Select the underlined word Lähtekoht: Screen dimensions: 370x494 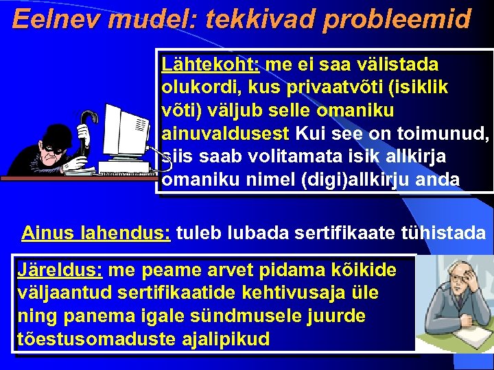click(x=209, y=65)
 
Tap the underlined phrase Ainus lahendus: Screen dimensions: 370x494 click(x=96, y=233)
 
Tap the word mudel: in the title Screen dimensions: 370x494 click(x=156, y=18)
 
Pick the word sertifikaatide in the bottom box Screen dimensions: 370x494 click(x=154, y=294)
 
